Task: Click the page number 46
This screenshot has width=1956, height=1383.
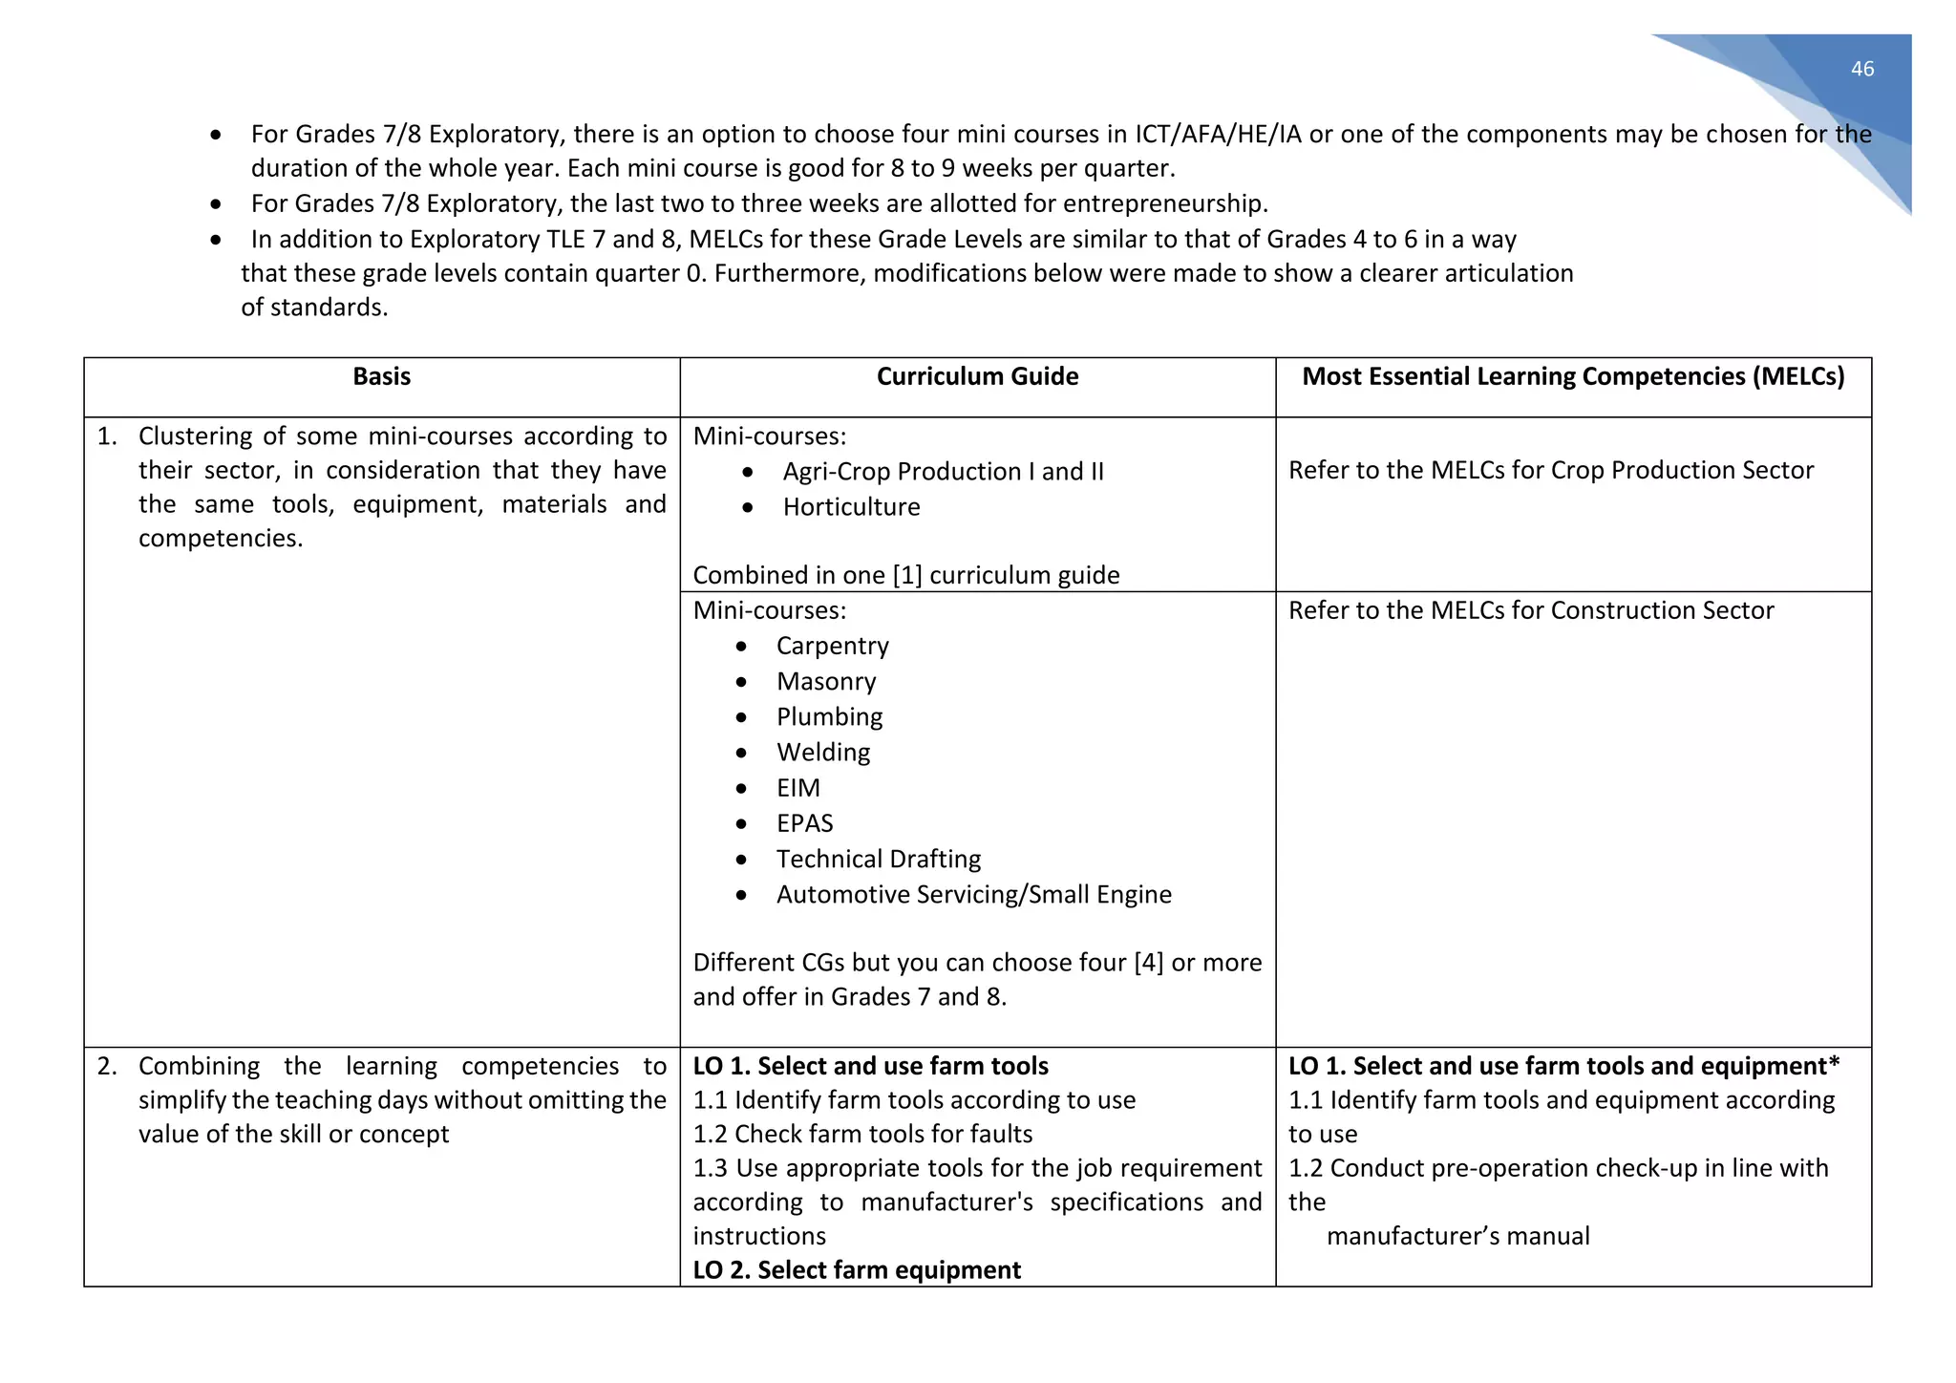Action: (x=1861, y=69)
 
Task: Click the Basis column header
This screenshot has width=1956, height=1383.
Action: (x=381, y=376)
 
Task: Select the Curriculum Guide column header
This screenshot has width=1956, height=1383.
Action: (x=977, y=376)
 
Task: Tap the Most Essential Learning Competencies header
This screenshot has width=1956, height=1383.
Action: (x=1573, y=376)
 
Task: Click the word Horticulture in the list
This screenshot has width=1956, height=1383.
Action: (x=851, y=507)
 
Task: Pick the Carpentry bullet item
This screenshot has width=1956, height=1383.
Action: (x=832, y=647)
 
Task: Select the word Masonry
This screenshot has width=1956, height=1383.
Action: (x=826, y=682)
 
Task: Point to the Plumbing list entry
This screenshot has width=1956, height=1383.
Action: (x=829, y=717)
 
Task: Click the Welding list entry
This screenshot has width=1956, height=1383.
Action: (x=823, y=753)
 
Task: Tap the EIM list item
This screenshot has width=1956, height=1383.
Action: (x=798, y=788)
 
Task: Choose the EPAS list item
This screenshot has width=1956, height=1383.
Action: (x=804, y=823)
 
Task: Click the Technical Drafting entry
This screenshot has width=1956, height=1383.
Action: (x=878, y=859)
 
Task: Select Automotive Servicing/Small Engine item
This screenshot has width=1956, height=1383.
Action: (x=973, y=895)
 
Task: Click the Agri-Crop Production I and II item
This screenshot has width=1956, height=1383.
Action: (x=943, y=472)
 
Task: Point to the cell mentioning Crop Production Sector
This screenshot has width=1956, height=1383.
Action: (x=1550, y=471)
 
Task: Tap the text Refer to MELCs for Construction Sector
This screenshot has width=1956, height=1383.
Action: (x=1530, y=611)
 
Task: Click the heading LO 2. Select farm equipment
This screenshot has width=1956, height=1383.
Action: (x=857, y=1270)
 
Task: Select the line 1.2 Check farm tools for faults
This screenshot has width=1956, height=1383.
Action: (x=862, y=1135)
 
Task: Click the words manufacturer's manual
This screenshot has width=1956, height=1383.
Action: (x=1457, y=1237)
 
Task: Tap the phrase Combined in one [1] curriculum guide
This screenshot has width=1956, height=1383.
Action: (x=905, y=576)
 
